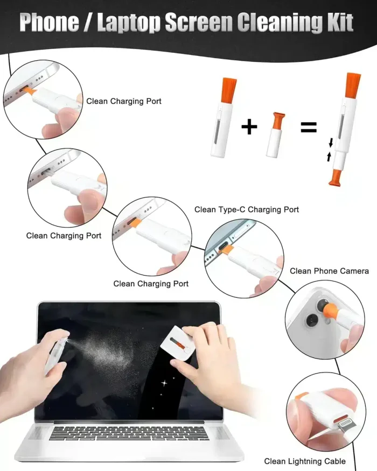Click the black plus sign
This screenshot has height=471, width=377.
[249, 127]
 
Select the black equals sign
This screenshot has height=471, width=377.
[308, 128]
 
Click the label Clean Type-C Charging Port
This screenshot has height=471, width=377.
[246, 209]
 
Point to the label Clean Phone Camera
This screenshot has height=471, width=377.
[329, 271]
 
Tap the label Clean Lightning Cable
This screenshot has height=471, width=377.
[304, 461]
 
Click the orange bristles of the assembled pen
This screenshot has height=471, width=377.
[353, 84]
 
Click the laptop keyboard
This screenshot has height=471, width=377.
[129, 432]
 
